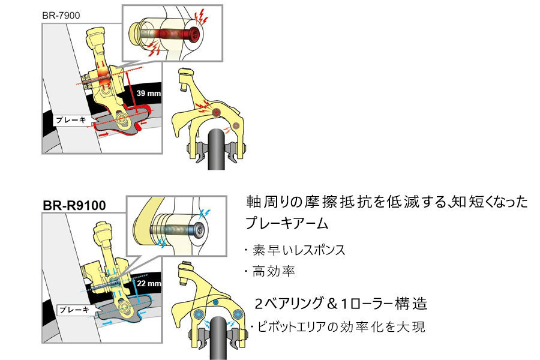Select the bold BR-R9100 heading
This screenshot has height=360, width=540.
(x=74, y=205)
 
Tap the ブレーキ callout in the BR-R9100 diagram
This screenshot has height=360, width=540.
(x=73, y=310)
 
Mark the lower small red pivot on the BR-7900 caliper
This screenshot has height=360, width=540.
(x=235, y=125)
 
